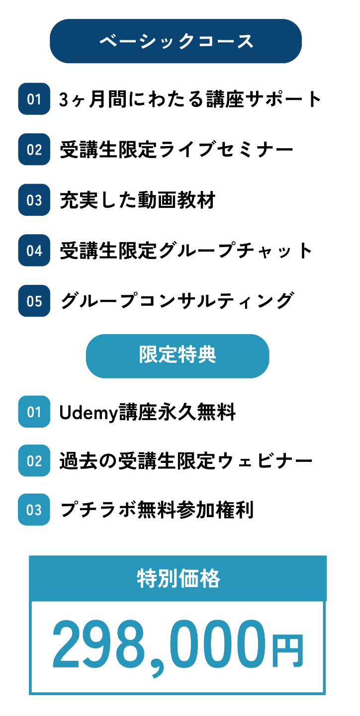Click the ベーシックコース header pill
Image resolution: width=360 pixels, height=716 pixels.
(x=176, y=41)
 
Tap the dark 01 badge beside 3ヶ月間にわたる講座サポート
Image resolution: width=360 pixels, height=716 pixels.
(x=34, y=99)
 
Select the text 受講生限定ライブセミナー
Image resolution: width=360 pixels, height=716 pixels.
(x=176, y=150)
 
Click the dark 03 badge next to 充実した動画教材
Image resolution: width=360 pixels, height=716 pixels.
(x=34, y=200)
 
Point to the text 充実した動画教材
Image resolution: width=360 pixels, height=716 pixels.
(x=137, y=200)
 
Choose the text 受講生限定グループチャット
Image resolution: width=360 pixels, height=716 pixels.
(x=186, y=251)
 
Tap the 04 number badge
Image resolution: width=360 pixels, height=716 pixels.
(x=34, y=251)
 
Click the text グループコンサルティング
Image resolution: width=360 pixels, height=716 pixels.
(x=176, y=301)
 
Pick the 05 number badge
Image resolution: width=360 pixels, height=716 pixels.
(x=34, y=301)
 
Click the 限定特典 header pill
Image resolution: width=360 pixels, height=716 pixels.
(x=178, y=356)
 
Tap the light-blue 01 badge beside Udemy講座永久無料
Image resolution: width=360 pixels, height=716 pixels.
(x=34, y=412)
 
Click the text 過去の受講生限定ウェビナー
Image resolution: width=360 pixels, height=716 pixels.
(x=186, y=461)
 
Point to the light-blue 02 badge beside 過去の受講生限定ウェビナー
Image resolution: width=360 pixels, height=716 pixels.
(x=34, y=461)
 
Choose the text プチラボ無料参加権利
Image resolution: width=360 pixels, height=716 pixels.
(x=157, y=510)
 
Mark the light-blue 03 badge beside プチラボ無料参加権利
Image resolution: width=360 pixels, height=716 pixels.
(x=34, y=510)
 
